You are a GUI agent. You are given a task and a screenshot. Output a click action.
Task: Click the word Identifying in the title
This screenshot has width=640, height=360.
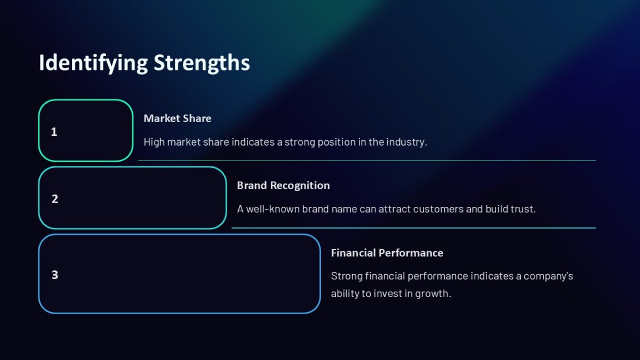click(x=93, y=63)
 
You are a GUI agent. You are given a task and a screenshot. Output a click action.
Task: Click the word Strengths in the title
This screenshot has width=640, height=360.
click(x=202, y=63)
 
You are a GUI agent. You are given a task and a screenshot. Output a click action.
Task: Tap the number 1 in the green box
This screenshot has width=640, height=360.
click(x=54, y=132)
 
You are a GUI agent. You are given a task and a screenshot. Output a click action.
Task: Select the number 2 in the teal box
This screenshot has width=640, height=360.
click(x=54, y=199)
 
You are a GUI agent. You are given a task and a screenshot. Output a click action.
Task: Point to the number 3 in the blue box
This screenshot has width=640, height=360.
click(x=54, y=275)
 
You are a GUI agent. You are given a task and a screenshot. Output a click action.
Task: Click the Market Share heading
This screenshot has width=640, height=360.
click(x=177, y=118)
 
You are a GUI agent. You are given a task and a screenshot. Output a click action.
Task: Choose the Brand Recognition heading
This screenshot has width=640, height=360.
click(x=283, y=185)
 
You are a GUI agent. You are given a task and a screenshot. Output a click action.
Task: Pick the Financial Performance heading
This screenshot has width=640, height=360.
click(x=387, y=253)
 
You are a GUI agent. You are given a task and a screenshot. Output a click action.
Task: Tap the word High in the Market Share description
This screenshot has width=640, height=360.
click(x=154, y=142)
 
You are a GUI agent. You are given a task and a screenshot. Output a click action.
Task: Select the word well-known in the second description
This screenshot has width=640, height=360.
click(x=273, y=209)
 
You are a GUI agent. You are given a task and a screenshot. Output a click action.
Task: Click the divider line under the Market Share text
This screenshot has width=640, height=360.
click(x=367, y=161)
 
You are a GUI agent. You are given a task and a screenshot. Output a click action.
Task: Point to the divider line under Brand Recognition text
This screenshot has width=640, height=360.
click(x=413, y=228)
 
